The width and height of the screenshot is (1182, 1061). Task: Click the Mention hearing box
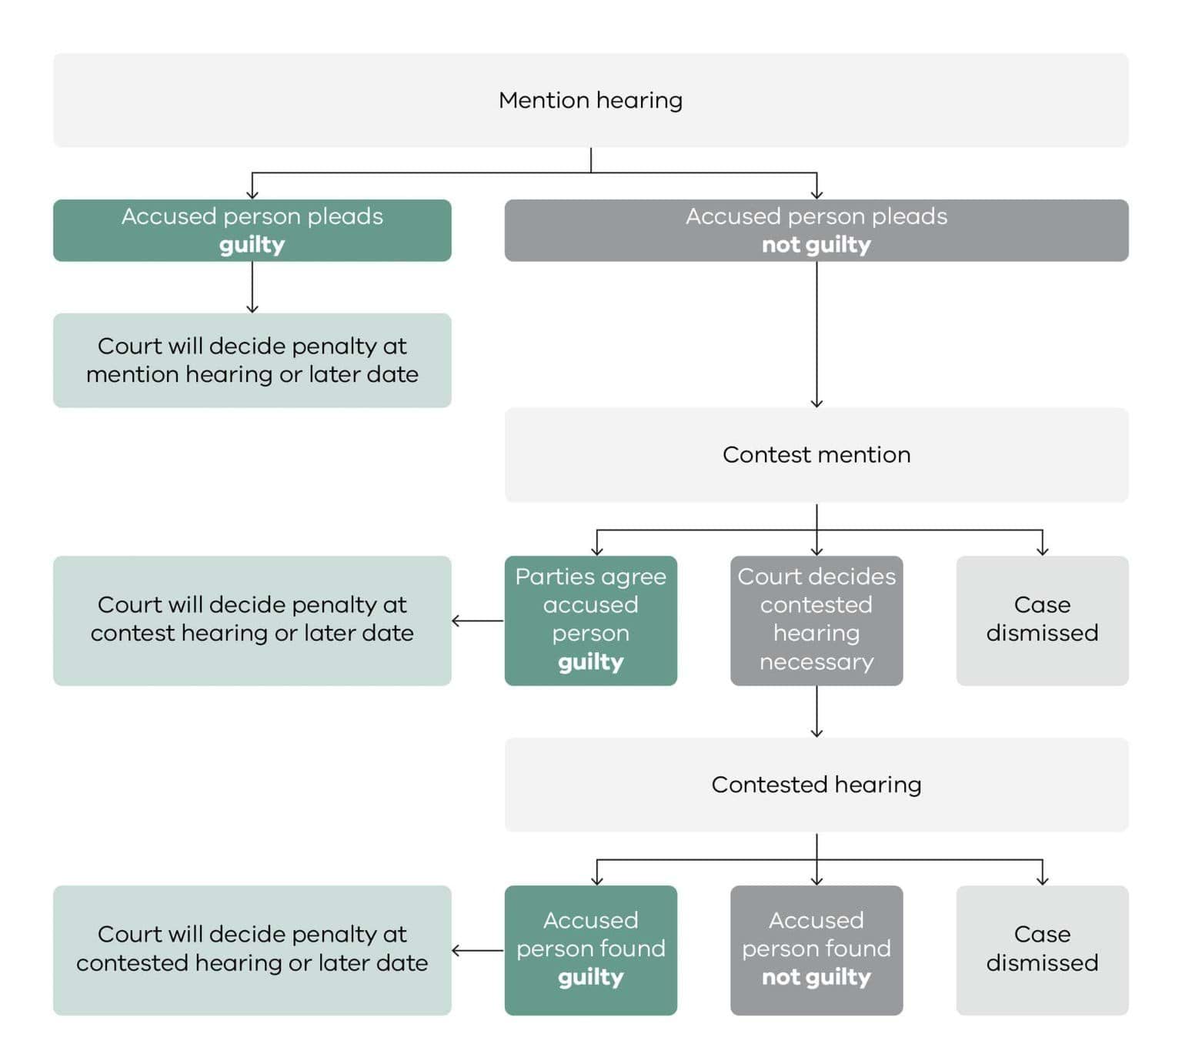590,100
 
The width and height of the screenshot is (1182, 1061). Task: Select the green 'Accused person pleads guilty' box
252,230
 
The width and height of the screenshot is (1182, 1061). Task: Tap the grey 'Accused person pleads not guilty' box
816,230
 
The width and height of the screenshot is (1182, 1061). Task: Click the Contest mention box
816,455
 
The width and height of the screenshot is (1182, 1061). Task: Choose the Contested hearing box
816,785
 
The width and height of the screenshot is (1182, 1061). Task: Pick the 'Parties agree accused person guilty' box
590,620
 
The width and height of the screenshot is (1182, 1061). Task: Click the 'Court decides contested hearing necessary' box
816,620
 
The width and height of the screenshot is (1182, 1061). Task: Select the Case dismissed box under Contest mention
1042,620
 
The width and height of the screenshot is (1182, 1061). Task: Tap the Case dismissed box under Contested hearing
1042,949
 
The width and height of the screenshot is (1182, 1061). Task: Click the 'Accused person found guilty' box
590,949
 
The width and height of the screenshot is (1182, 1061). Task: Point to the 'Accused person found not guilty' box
816,949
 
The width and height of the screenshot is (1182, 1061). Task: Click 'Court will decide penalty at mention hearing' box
252,360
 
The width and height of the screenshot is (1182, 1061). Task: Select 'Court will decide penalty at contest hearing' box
252,620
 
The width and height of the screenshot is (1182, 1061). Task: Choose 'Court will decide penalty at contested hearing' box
252,949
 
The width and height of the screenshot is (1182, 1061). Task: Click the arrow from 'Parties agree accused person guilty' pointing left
477,621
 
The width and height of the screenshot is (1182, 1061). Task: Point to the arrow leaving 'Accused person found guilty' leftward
477,950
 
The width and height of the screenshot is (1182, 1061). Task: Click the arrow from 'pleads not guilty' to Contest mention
816,335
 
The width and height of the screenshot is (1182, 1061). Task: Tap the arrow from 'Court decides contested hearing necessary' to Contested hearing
816,711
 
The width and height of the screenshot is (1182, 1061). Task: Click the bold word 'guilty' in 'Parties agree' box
590,662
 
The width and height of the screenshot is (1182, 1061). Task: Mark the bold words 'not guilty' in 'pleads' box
816,245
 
